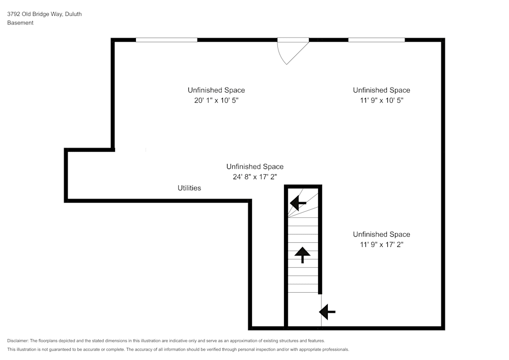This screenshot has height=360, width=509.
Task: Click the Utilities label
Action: [189, 188]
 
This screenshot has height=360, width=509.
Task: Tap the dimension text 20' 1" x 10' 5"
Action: [216, 100]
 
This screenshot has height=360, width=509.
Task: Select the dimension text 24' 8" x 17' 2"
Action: [255, 177]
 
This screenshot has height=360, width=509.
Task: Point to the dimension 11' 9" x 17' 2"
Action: [381, 244]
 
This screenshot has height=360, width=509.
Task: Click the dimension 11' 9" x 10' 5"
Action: [381, 100]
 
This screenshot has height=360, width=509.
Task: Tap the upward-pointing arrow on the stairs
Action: [302, 255]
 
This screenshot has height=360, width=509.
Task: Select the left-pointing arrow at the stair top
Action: [298, 203]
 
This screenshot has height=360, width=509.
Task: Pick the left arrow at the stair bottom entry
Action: [327, 312]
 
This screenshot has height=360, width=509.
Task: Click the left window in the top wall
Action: [166, 40]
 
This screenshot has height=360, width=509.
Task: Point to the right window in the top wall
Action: [377, 40]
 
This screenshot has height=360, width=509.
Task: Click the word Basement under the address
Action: [20, 23]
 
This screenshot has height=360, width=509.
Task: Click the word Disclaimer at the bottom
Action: [18, 341]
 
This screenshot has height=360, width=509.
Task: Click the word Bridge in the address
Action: [41, 14]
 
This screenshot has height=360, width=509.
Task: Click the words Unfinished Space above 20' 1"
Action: [216, 90]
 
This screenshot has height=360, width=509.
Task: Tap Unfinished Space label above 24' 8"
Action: [255, 167]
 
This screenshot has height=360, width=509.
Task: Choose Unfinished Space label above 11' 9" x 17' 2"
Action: [381, 234]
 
